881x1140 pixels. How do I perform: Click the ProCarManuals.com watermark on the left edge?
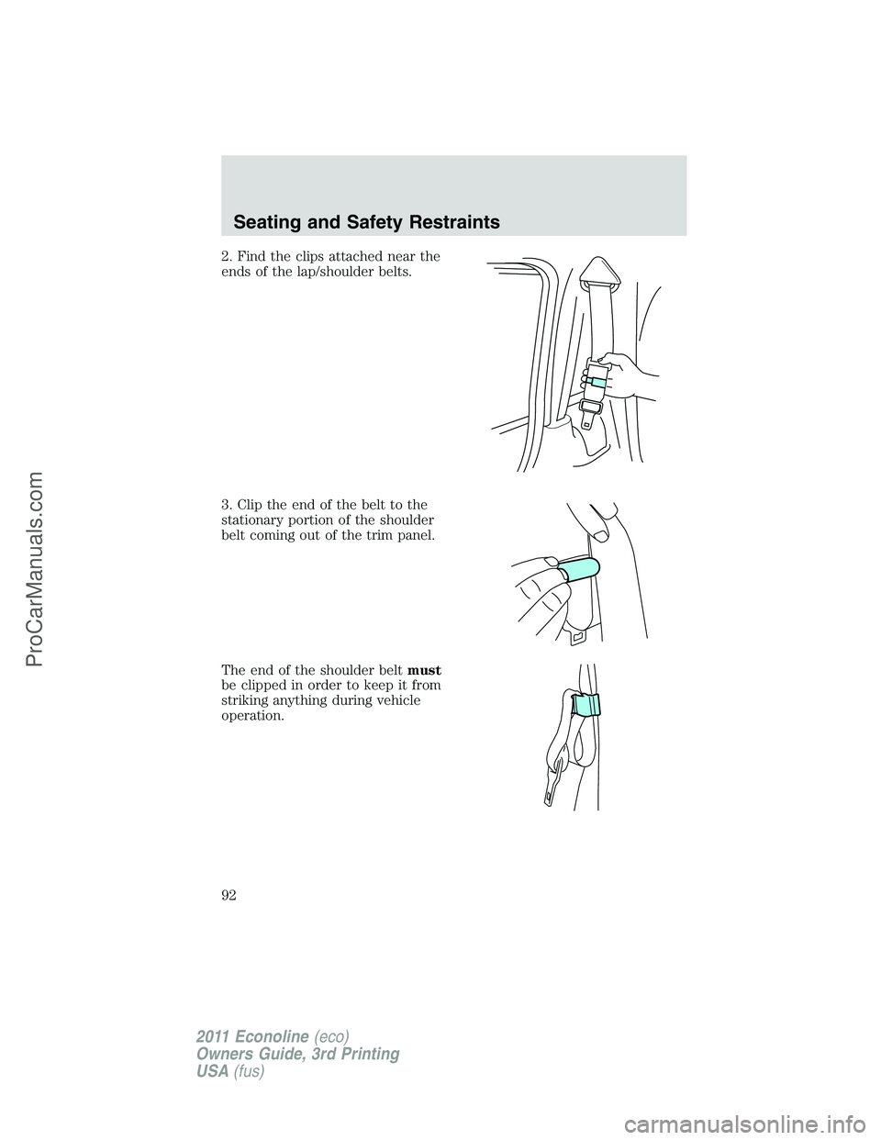pos(28,569)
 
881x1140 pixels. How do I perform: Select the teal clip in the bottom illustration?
pos(585,705)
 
